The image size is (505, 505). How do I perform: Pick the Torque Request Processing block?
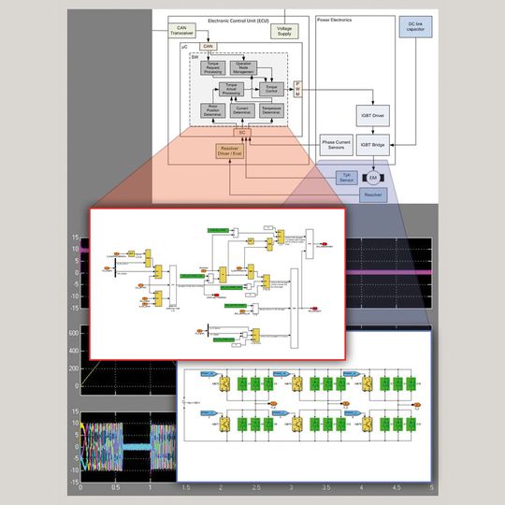click(x=214, y=67)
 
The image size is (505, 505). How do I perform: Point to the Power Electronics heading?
click(x=335, y=20)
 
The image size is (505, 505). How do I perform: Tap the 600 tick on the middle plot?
click(x=73, y=332)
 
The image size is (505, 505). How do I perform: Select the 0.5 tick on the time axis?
click(x=114, y=488)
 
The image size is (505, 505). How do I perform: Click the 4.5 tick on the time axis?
click(x=396, y=488)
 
